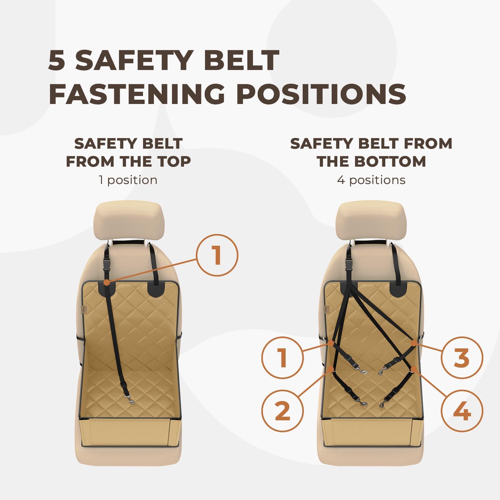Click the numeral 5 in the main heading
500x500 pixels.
pos(57,60)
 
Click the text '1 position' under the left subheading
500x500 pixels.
pos(128,180)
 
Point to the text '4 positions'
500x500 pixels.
pos(371,180)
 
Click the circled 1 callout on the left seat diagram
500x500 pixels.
pos(217,255)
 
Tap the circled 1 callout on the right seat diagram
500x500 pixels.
pos(282,357)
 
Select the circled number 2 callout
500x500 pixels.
pos(282,411)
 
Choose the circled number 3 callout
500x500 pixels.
pos(462,357)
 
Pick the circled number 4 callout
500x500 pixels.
pos(462,411)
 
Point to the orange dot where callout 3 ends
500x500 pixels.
pos(413,343)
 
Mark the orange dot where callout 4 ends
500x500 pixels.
pos(413,369)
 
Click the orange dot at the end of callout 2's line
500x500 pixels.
pos(331,369)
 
